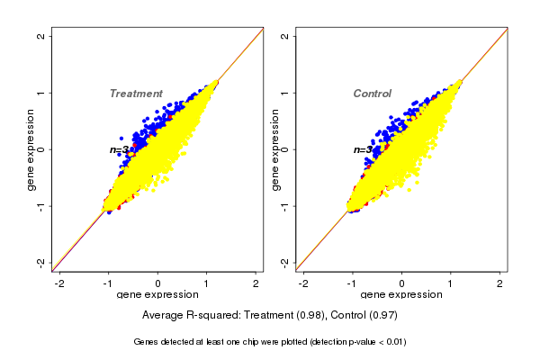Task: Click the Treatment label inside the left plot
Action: point(136,94)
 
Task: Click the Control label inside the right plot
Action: point(372,94)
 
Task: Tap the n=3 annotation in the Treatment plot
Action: point(120,149)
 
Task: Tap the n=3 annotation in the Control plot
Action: point(363,149)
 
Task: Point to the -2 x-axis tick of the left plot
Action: point(60,283)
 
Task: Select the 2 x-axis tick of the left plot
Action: point(256,283)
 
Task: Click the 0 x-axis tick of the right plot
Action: point(402,283)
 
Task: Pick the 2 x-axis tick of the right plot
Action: point(500,283)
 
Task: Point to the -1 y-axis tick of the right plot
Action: point(285,205)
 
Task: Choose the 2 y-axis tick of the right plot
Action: point(285,37)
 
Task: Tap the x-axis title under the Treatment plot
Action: point(158,294)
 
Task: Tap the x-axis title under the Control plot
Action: point(401,294)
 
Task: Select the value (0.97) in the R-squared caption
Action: point(383,316)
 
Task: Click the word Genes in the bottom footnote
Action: point(148,342)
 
